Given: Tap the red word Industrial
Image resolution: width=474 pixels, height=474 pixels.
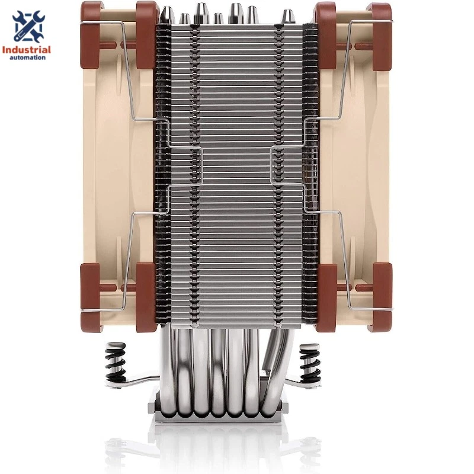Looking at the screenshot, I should pos(27,50).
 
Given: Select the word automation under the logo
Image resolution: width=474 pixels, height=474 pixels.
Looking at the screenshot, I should pos(27,58).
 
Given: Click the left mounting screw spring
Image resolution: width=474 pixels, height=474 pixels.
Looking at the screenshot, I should pos(115,363).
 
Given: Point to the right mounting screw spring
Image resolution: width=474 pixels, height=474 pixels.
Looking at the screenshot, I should pos(310,363).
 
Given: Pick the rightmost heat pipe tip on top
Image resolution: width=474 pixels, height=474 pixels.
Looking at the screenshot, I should pos(288,17).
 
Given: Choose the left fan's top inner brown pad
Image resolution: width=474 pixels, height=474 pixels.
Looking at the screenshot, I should pos(145,36).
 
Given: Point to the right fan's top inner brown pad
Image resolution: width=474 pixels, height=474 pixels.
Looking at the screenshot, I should pos(326,36).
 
